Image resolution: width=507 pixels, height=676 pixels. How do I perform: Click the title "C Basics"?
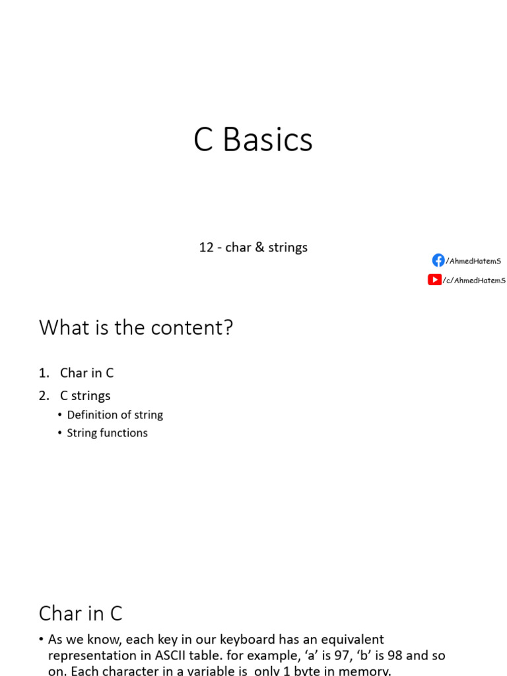pos(253,140)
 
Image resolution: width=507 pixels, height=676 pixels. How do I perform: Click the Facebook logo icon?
pos(438,260)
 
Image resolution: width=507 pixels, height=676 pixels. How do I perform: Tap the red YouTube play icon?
pos(434,279)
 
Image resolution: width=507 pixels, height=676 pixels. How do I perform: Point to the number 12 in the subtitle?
pos(206,248)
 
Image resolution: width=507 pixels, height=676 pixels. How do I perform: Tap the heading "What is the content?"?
pos(136,327)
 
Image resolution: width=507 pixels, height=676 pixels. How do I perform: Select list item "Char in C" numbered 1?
pos(86,372)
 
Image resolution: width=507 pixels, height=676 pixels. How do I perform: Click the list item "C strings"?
pos(85,395)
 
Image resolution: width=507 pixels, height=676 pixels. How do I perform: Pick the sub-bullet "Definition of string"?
pos(115,415)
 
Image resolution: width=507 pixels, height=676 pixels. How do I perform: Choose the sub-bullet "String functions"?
pos(107,433)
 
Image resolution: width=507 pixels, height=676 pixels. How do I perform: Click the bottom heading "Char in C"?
pos(81,613)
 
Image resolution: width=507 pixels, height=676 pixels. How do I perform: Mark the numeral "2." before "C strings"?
pos(44,395)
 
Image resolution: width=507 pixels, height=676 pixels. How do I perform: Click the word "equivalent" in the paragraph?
pos(349,639)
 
